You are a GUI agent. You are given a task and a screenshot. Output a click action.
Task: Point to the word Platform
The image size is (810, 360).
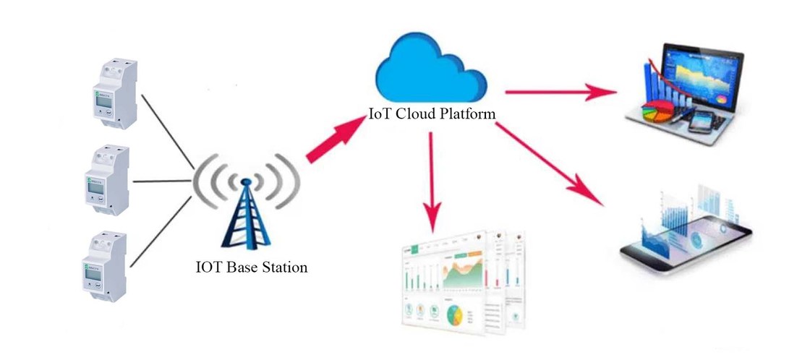[470, 114]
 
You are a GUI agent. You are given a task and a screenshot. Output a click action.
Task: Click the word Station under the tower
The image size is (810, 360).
[282, 267]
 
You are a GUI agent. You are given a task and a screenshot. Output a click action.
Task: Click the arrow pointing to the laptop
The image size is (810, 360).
[560, 92]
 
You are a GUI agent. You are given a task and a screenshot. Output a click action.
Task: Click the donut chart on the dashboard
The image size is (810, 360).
[455, 315]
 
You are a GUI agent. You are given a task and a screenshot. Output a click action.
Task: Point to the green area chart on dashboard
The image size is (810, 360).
[463, 275]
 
